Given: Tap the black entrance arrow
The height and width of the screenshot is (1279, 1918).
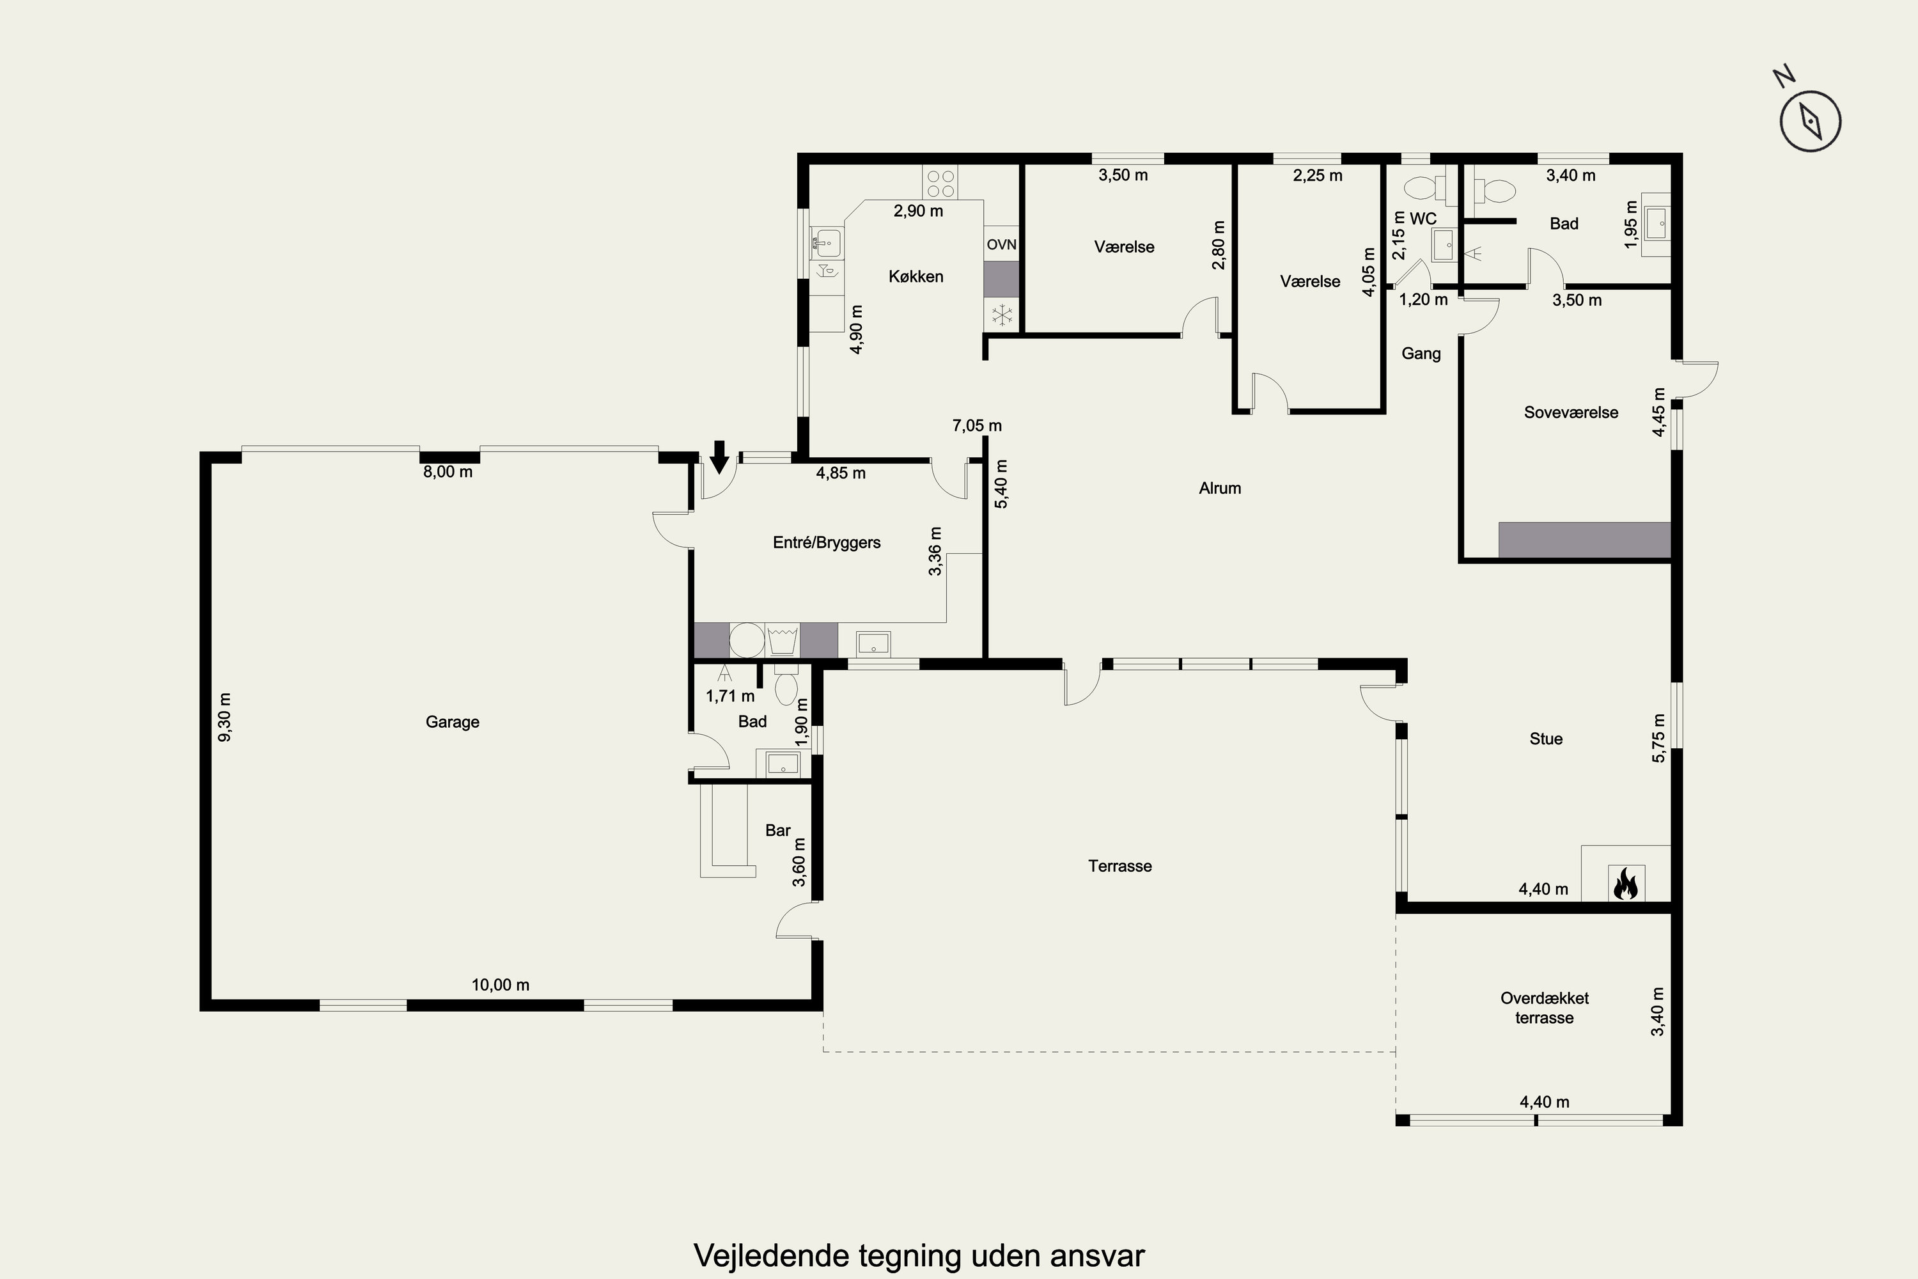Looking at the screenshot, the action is click(719, 456).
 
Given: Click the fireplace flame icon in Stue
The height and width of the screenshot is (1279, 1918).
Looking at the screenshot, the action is click(1625, 883).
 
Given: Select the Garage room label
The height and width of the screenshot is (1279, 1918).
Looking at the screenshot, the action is click(453, 722).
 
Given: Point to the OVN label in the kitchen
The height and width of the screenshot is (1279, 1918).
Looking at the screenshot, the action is click(1001, 245).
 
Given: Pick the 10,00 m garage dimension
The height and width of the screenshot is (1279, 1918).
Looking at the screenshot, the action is click(501, 985).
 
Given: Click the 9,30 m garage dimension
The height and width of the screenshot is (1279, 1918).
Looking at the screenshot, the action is click(225, 717).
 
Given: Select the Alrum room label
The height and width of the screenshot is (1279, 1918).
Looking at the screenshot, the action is click(1220, 488).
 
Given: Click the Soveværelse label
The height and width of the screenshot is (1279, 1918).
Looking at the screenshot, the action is click(1571, 412).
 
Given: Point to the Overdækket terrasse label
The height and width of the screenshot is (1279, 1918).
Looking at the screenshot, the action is click(1545, 1007).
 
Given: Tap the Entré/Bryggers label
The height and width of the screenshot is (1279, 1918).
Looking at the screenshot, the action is click(827, 542).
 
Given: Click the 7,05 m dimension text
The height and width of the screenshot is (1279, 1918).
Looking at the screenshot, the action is click(977, 425).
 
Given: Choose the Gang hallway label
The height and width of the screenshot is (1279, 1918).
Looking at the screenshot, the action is click(1421, 353).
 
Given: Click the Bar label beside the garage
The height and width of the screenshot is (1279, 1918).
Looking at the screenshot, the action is click(778, 830).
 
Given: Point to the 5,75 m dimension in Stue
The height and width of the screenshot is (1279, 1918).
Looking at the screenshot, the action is click(1658, 738).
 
